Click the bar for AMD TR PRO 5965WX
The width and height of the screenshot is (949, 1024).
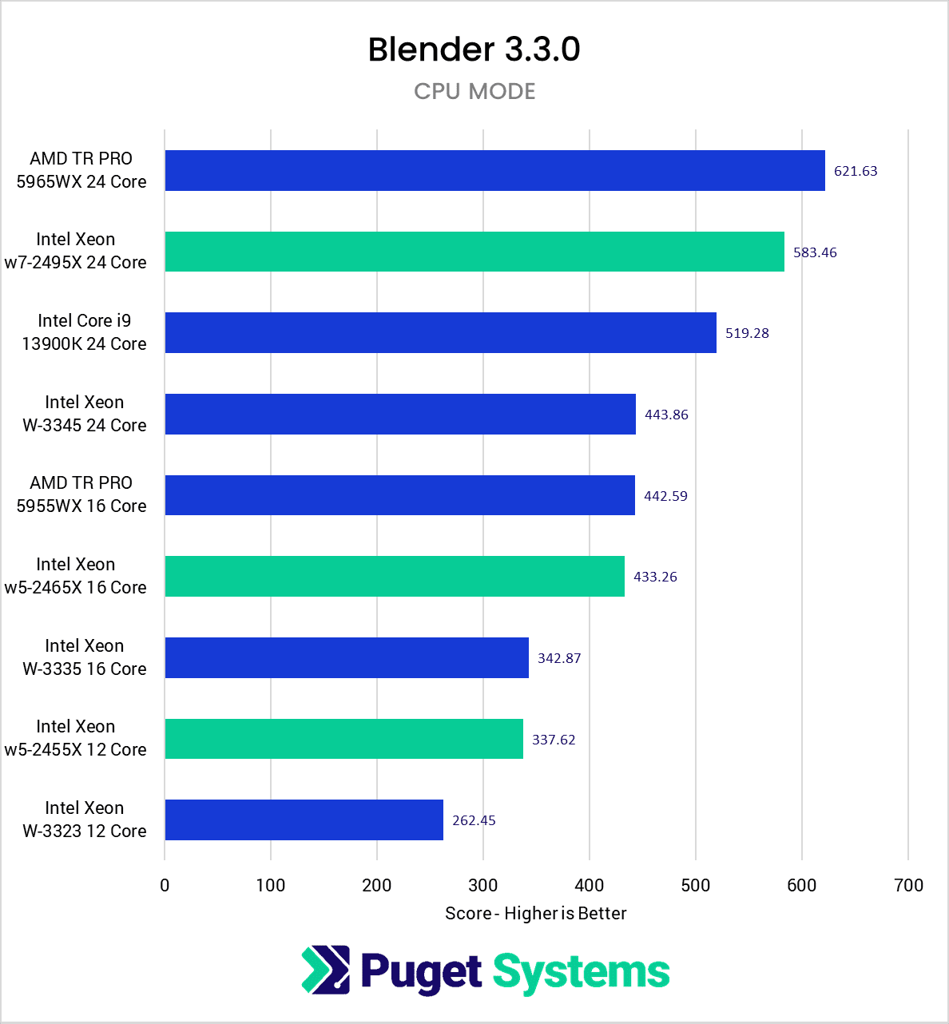[494, 170]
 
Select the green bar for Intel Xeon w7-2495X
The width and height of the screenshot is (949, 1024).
[475, 252]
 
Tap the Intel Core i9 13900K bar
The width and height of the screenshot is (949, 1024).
[440, 332]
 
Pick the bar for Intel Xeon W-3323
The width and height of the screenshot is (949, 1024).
[304, 820]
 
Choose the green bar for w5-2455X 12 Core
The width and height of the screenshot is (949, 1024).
[343, 739]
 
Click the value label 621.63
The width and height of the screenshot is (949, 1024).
[856, 171]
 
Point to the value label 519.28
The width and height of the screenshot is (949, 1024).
[747, 333]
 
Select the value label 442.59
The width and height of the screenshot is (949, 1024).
[665, 496]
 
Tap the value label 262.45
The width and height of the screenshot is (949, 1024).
[474, 820]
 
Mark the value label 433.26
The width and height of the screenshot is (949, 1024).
[655, 577]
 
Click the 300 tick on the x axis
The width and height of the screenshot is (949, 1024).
[482, 885]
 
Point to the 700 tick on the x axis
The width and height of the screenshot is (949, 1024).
[908, 885]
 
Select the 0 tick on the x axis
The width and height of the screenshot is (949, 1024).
[165, 885]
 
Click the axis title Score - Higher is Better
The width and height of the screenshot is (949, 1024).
[535, 913]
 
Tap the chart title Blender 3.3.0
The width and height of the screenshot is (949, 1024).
[474, 50]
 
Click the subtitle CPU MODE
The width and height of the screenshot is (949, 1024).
[475, 91]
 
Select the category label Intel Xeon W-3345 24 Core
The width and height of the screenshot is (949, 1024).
[84, 414]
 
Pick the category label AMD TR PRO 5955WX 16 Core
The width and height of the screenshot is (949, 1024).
[81, 494]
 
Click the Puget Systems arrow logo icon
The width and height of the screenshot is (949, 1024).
[326, 970]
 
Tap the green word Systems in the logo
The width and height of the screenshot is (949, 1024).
[581, 972]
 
